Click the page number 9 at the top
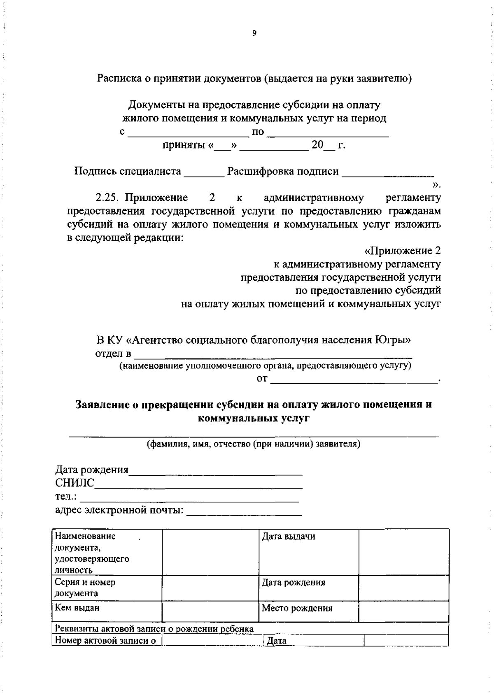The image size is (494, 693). [254, 34]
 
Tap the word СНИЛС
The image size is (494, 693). [75, 483]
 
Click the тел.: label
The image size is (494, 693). [66, 496]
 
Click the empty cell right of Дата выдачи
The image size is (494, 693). [403, 551]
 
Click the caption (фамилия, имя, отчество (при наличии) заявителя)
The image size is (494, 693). [254, 444]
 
